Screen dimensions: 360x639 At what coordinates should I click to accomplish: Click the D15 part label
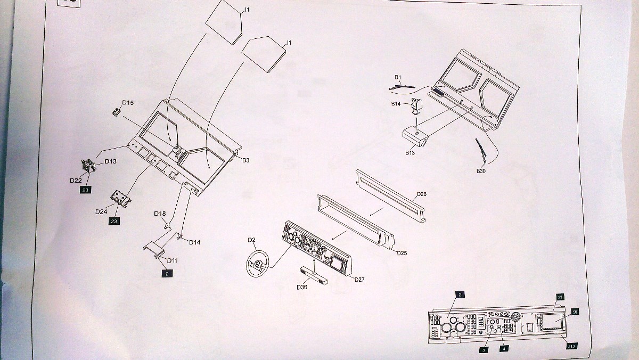click(x=128, y=102)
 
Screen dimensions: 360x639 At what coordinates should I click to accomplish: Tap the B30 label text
click(x=482, y=171)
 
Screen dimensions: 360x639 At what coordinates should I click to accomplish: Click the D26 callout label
click(x=422, y=194)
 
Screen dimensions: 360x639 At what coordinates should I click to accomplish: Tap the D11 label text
click(x=172, y=260)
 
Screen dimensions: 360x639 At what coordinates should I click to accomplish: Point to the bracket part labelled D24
click(x=121, y=200)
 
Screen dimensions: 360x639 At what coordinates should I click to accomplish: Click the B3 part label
click(x=246, y=160)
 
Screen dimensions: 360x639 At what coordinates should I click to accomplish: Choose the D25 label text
click(x=402, y=253)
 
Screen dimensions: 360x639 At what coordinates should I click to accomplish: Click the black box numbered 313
click(x=571, y=346)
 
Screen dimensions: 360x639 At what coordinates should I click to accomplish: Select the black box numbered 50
click(x=575, y=312)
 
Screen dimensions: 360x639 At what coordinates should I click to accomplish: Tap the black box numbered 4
click(x=503, y=349)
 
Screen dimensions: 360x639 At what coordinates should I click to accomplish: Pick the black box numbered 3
click(x=483, y=350)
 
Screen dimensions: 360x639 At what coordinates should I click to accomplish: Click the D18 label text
click(x=160, y=214)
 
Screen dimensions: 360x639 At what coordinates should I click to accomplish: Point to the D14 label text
click(x=194, y=242)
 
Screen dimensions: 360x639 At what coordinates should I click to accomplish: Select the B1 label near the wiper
click(x=398, y=78)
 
